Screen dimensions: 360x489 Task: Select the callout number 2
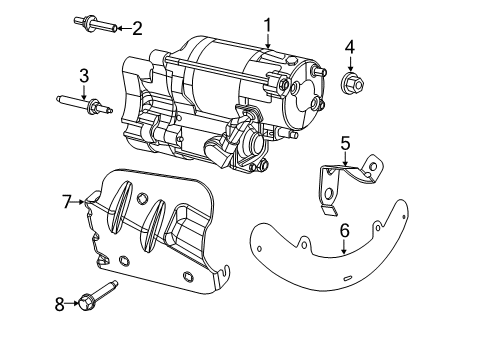tap(138, 28)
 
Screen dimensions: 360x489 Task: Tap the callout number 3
tap(84, 75)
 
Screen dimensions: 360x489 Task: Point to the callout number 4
tap(350, 47)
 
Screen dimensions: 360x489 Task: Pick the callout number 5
tap(344, 143)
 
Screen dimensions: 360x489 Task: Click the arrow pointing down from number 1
tap(268, 42)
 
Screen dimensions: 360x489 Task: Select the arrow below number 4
tap(350, 63)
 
